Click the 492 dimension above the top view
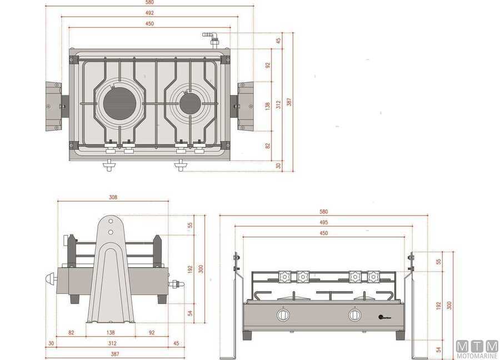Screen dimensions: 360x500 tap(149, 13)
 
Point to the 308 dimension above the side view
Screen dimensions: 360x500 tap(113, 197)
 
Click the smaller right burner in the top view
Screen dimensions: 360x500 tap(189, 103)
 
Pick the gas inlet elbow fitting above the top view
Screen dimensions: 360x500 tap(211, 38)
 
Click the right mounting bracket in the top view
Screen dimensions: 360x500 tap(245, 103)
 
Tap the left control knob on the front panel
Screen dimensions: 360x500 tap(283, 315)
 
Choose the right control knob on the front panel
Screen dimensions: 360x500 tap(355, 315)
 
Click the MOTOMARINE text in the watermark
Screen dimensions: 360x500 tap(477, 356)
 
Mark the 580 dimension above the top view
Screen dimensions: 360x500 tap(149, 2)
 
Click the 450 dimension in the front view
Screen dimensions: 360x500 tap(323, 233)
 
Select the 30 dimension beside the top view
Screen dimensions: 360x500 tap(278, 166)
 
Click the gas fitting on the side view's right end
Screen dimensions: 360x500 tap(179, 284)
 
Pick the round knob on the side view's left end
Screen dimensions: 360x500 tap(50, 277)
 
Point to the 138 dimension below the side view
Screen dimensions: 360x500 tap(110, 332)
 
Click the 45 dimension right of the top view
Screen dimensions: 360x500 tap(278, 40)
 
